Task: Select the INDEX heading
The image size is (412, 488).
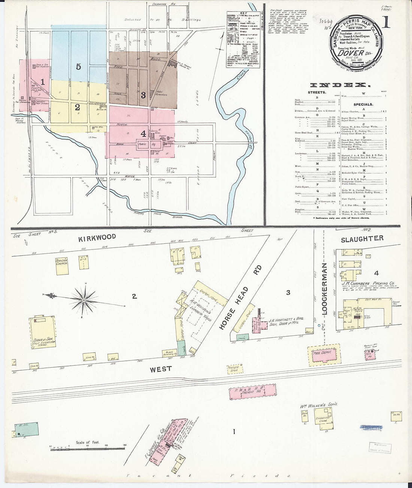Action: tap(338, 85)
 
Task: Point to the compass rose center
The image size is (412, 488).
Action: tap(84, 300)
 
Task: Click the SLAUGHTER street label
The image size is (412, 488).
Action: tap(362, 238)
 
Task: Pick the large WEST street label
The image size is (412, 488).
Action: tap(161, 369)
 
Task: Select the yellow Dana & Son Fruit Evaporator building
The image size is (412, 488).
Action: tap(43, 332)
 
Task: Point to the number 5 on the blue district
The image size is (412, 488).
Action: tap(78, 67)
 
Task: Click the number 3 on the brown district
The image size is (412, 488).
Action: tap(143, 95)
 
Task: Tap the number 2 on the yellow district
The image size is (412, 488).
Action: tap(77, 107)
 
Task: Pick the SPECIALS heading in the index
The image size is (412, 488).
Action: tap(363, 104)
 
